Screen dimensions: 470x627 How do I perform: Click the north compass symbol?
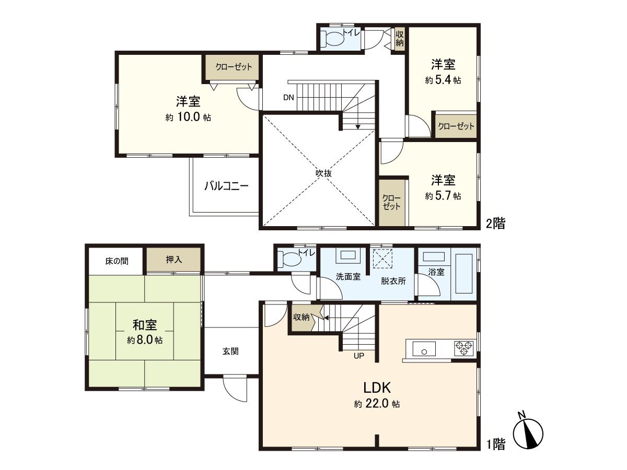click(x=528, y=433)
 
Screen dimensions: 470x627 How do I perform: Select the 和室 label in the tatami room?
click(x=145, y=325)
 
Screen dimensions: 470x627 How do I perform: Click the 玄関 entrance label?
click(x=230, y=351)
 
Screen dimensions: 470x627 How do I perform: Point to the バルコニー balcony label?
click(x=226, y=185)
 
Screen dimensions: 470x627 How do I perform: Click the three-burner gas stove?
click(x=464, y=348)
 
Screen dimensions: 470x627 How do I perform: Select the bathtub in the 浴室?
click(x=464, y=274)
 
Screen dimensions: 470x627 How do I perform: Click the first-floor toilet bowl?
click(x=289, y=259)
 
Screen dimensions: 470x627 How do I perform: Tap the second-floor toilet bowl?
click(x=333, y=38)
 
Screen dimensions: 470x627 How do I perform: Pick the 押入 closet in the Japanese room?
click(x=174, y=260)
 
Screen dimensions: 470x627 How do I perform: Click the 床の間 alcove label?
click(x=116, y=260)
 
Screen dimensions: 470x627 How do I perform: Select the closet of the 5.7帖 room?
click(x=392, y=202)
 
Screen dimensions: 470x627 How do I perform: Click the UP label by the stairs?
click(x=359, y=357)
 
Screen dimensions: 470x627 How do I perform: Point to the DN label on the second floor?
click(x=288, y=97)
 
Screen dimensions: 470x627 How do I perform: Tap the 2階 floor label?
click(x=495, y=224)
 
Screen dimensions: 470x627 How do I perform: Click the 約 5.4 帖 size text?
click(x=443, y=80)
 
